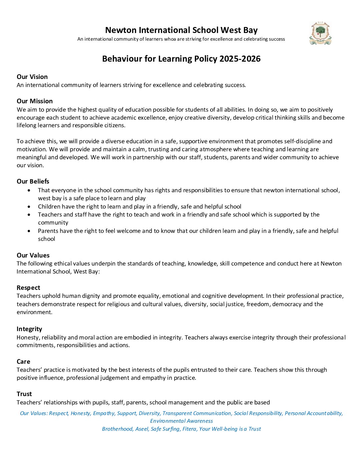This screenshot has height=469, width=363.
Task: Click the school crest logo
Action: [x=320, y=33]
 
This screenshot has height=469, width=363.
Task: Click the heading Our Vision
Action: [x=32, y=77]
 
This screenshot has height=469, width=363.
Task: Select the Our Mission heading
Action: [x=35, y=101]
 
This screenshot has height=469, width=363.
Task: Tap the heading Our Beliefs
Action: [x=33, y=181]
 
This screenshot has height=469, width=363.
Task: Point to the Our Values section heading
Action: [x=33, y=255]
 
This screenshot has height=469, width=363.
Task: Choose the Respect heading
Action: [x=28, y=287]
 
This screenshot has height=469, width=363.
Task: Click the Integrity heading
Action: [x=29, y=329]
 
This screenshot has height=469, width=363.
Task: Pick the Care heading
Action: [x=23, y=361]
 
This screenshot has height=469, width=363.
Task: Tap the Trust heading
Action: [x=24, y=394]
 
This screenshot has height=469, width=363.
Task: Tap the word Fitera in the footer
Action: [x=190, y=429]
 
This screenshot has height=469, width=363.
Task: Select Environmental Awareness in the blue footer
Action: [x=181, y=421]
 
